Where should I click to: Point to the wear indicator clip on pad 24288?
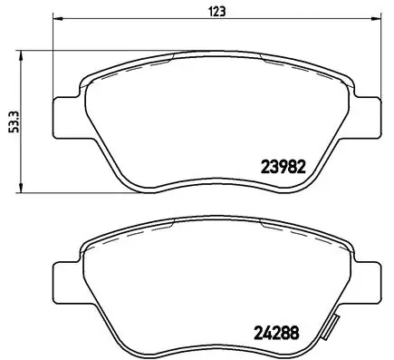tap(332, 327)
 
